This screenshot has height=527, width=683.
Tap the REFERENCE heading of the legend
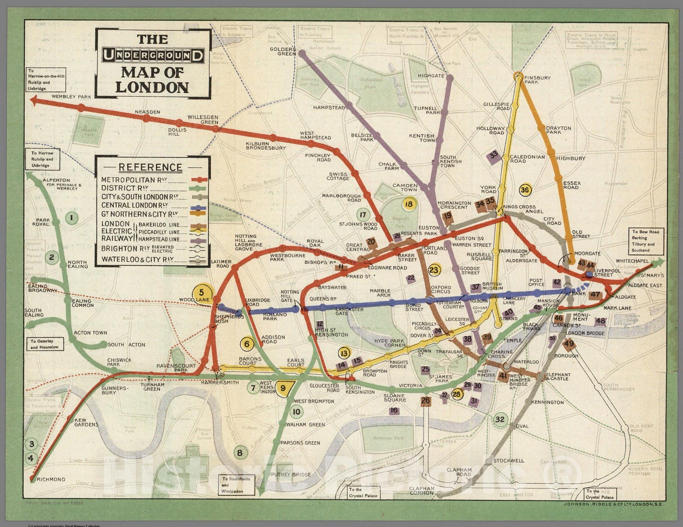point(150,167)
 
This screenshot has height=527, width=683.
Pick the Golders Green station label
point(283,51)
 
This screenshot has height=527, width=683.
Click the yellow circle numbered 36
point(525,190)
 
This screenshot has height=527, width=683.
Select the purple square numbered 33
point(494,155)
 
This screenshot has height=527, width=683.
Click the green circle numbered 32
point(500,419)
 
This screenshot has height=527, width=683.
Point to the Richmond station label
point(51,479)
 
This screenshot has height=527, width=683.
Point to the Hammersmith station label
point(220,382)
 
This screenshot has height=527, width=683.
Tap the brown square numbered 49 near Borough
point(569,343)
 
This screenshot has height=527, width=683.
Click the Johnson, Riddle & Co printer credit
point(610,504)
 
